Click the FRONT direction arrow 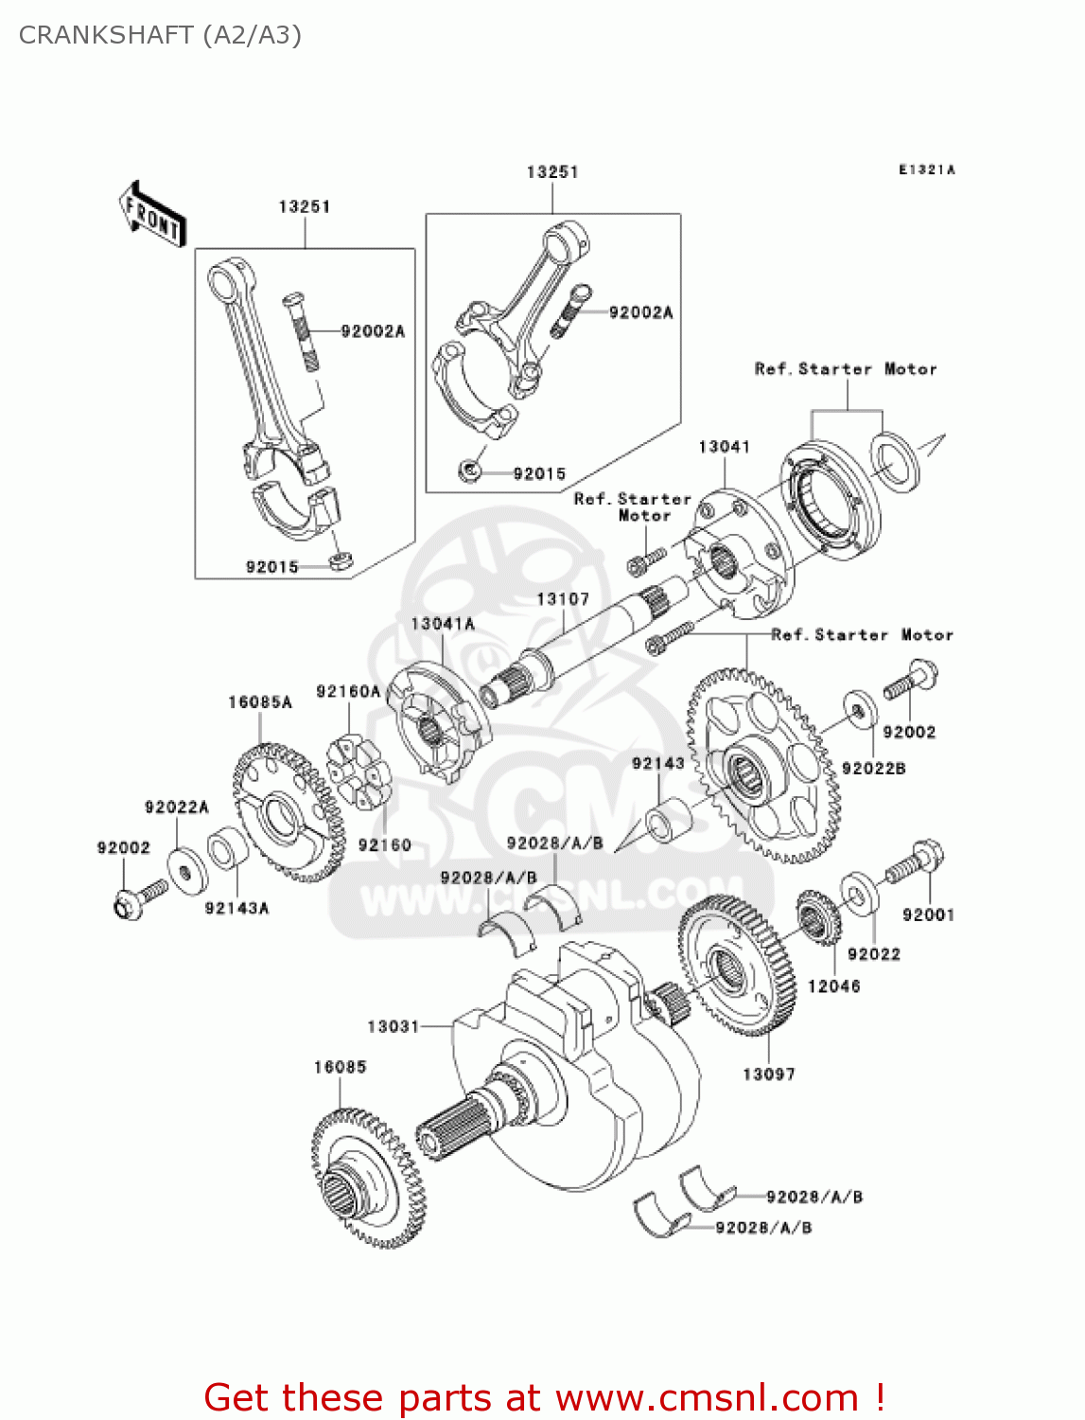(x=152, y=215)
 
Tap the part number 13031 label (x=393, y=1026)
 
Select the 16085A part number (x=260, y=702)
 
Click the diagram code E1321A (x=927, y=170)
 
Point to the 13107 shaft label (x=563, y=599)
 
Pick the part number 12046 (x=834, y=986)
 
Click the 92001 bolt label (x=928, y=914)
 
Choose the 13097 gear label (x=769, y=1074)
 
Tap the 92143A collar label (x=237, y=908)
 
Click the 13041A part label (x=443, y=624)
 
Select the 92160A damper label (x=348, y=692)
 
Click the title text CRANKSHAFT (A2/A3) (x=160, y=35)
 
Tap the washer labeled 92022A (x=184, y=868)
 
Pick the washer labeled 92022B (x=859, y=710)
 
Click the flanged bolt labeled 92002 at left (x=138, y=898)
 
